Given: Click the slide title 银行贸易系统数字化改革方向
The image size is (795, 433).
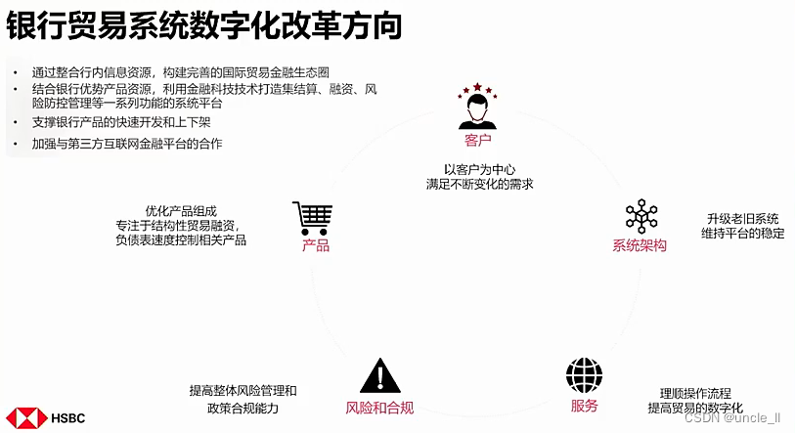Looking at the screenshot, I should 204,26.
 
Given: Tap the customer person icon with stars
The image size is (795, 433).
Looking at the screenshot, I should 476,109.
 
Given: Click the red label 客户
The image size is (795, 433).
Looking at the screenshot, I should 477,142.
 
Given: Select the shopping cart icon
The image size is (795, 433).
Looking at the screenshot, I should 313,218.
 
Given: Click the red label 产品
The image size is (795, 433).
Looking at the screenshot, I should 316,245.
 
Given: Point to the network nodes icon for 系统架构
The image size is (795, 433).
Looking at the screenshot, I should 641,218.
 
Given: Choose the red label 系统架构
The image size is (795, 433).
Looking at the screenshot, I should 640,245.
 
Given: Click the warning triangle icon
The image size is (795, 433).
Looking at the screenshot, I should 379,376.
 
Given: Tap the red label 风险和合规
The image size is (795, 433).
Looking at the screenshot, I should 379,407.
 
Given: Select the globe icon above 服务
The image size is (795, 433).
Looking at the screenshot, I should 584,375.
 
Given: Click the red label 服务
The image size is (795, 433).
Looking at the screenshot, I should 584,406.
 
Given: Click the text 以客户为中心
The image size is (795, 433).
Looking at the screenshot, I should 478,167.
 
